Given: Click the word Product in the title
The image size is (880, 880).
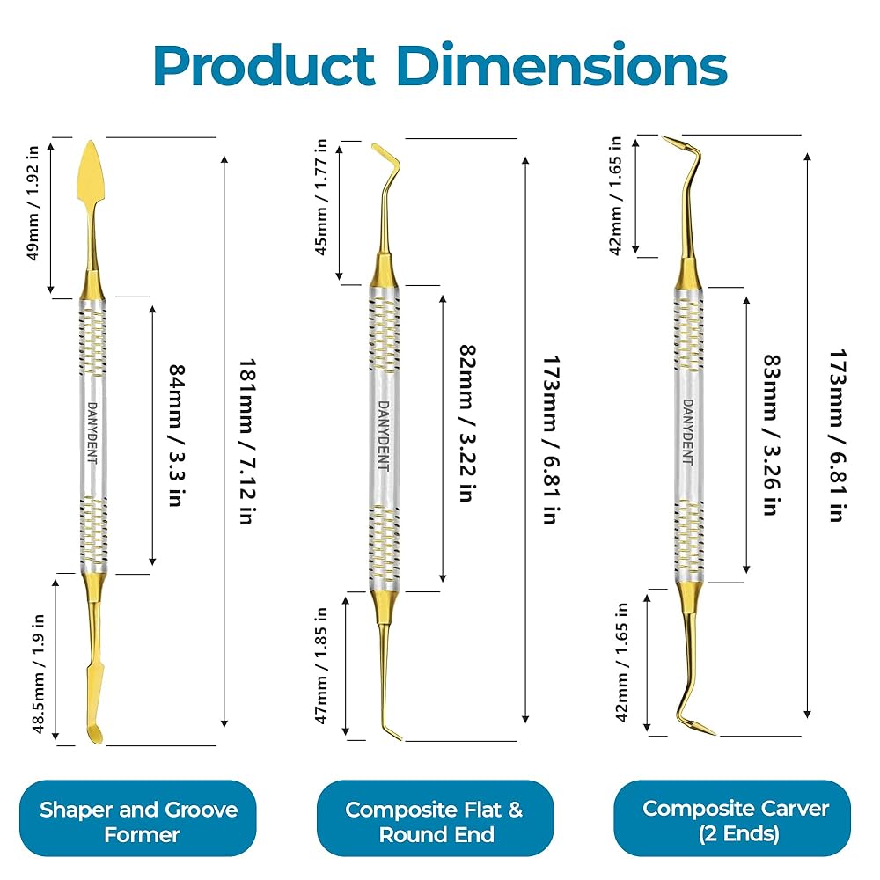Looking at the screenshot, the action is (264, 66).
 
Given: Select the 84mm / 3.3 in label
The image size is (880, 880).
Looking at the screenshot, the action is (178, 436).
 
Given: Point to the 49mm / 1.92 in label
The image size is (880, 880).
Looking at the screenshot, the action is (33, 203).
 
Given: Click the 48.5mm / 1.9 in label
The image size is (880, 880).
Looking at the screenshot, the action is (38, 673).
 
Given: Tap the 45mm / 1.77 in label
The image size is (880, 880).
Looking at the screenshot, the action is (321, 197).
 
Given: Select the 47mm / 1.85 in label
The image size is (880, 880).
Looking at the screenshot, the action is (321, 665).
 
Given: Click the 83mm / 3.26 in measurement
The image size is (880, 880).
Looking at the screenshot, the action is (773, 435).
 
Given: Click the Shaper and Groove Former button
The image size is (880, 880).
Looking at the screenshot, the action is (138, 820).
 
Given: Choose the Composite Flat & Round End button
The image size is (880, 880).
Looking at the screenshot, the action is (435, 820).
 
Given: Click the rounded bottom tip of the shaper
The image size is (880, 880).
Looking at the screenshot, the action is (95, 735).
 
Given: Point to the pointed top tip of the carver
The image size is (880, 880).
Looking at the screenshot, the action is (664, 137).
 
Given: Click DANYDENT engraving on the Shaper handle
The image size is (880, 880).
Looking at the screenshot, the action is (92, 432).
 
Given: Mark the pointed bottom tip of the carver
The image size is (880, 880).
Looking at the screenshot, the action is (714, 734).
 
